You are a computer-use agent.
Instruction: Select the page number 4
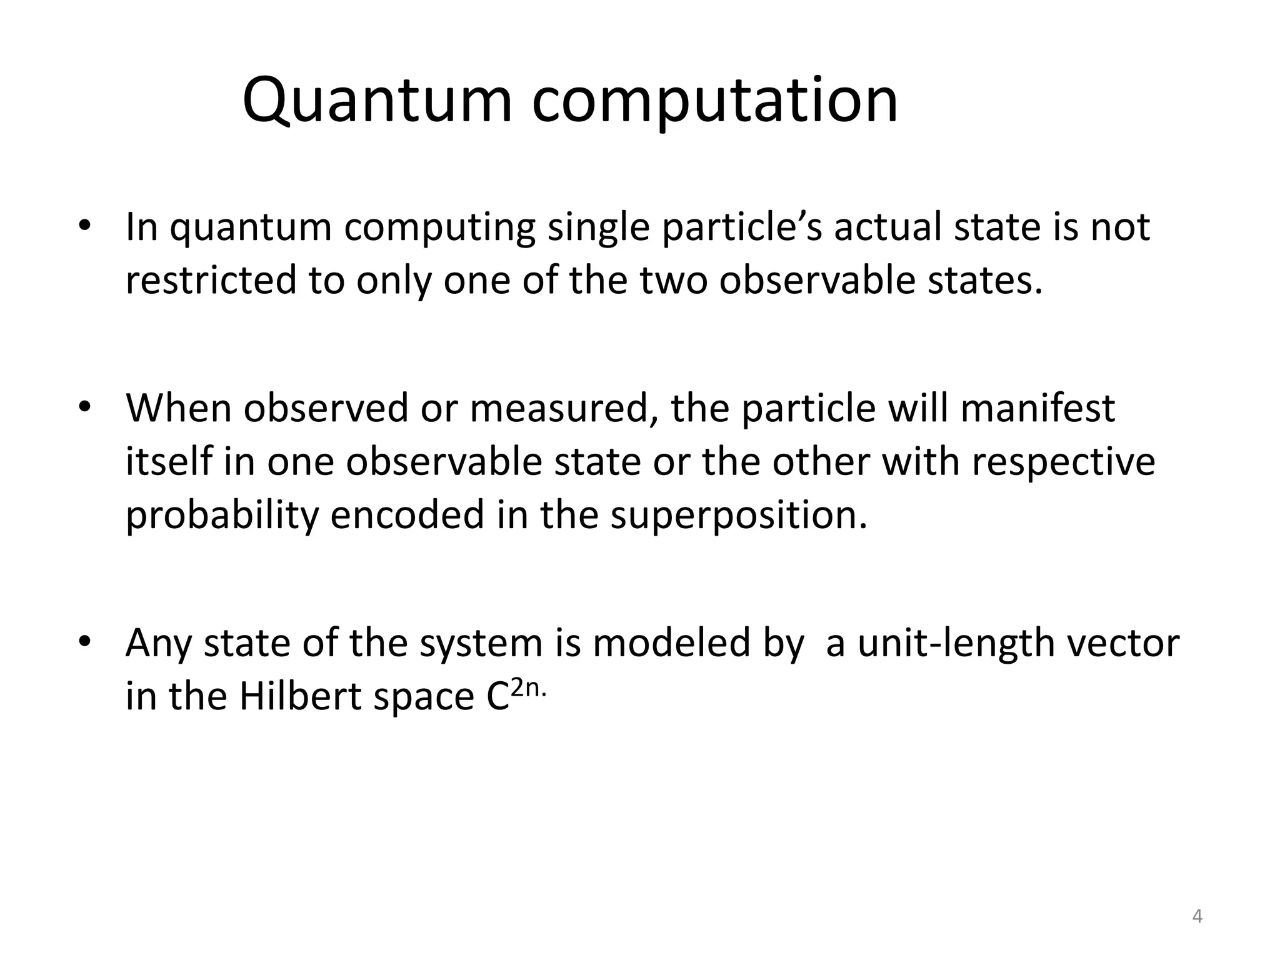[x=1197, y=917]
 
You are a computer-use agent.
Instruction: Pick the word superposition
[x=739, y=516]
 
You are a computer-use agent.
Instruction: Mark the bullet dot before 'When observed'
[x=85, y=407]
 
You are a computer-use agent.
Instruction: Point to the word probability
[x=222, y=516]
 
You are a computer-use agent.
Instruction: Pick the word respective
[x=1059, y=463]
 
